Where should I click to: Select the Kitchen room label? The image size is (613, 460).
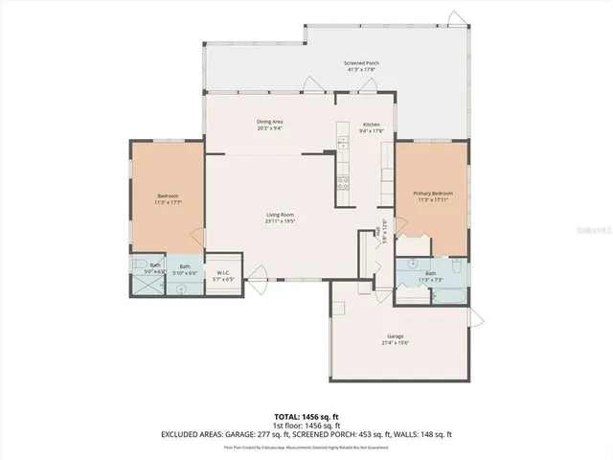[372, 124]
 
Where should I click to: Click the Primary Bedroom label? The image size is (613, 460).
[433, 194]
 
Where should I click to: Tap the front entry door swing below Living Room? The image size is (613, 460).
[257, 283]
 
